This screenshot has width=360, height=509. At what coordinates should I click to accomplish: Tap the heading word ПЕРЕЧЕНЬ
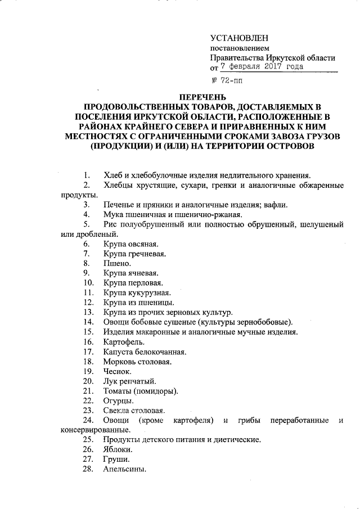[202, 97]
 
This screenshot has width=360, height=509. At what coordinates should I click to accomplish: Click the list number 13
[88, 312]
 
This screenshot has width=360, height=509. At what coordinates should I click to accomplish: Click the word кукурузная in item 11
[150, 292]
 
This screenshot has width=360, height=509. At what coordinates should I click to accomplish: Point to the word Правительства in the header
[231, 57]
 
